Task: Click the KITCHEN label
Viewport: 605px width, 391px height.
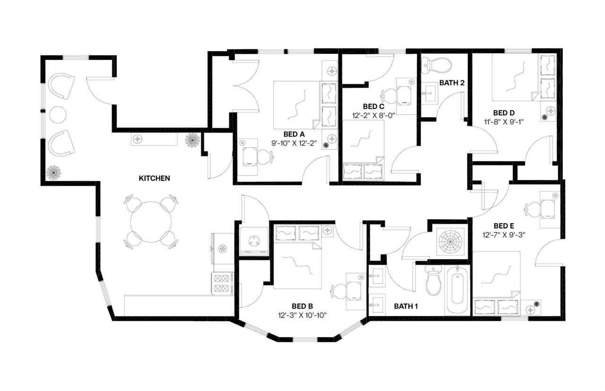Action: pos(154,178)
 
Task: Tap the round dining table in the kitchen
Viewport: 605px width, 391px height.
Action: pos(151,221)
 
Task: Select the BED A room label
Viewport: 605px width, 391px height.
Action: pos(294,134)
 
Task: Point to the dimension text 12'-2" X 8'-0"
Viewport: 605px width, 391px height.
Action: pos(372,115)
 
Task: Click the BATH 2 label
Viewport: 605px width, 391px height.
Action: pos(452,83)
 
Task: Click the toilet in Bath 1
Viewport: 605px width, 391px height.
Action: pos(433,280)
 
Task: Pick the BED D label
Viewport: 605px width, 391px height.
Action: pos(503,113)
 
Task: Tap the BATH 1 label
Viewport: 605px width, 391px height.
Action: pos(406,306)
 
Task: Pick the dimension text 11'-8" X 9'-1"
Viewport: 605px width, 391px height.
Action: pos(503,121)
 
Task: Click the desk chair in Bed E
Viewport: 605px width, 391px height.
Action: pos(533,208)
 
